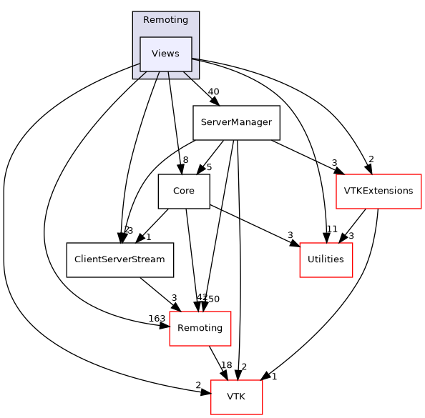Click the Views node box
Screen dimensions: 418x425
tap(165, 54)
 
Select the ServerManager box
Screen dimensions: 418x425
tap(235, 122)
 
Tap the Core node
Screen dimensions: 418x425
tap(183, 191)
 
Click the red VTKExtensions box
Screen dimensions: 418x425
tap(378, 191)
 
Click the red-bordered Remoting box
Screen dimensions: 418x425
tap(200, 329)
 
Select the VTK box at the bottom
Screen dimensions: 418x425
tap(235, 397)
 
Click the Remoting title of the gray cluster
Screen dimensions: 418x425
tap(165, 20)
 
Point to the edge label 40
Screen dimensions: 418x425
tap(212, 91)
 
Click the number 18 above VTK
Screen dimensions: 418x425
tap(226, 365)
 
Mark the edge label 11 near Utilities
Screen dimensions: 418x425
tap(331, 229)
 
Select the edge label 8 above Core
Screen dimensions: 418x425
tap(185, 160)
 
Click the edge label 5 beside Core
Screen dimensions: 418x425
tap(209, 168)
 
